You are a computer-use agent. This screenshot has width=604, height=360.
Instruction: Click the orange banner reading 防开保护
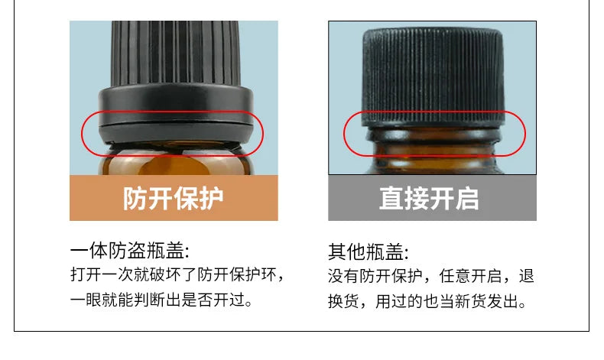coord(174,199)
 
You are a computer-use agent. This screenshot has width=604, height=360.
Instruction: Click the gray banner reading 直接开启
coord(432,199)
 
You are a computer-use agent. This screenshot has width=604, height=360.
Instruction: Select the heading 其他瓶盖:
coord(369,251)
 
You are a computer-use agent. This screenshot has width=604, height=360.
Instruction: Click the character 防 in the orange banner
coord(135,199)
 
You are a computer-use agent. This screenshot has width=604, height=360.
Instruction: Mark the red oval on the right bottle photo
coord(434,134)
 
